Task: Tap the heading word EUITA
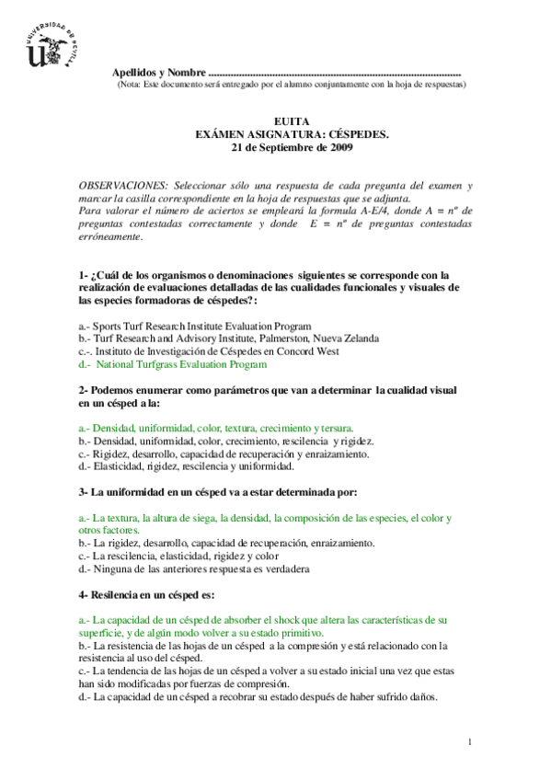(x=292, y=121)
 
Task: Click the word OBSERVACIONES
(x=123, y=186)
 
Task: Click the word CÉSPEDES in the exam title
(x=358, y=134)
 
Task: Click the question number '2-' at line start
(x=83, y=390)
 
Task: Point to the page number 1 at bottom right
(x=469, y=741)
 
